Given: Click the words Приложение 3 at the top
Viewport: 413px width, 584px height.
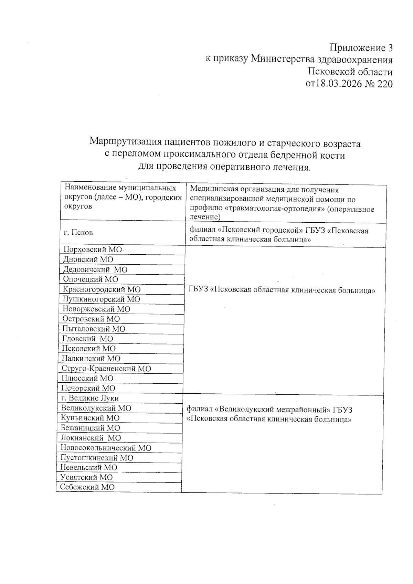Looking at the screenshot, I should [361, 47].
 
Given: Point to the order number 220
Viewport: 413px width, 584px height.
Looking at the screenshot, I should [385, 84].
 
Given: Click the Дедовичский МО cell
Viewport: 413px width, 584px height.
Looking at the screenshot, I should [95, 269].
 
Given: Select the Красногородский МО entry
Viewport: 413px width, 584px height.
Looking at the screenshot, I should [102, 289].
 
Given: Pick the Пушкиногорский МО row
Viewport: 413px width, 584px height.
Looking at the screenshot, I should [101, 299].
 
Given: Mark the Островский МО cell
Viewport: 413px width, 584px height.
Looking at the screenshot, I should [91, 319].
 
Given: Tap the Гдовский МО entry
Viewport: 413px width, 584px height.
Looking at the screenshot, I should [87, 339].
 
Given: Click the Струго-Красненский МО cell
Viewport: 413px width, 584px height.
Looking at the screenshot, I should [106, 369].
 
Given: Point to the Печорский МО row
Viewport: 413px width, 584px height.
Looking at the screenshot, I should [88, 388].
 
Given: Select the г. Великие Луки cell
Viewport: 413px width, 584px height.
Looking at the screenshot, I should [90, 398].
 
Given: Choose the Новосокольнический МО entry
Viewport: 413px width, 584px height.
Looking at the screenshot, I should [106, 448].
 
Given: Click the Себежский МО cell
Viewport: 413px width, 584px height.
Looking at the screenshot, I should [87, 487].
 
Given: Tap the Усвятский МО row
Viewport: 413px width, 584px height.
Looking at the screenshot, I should [86, 477].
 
